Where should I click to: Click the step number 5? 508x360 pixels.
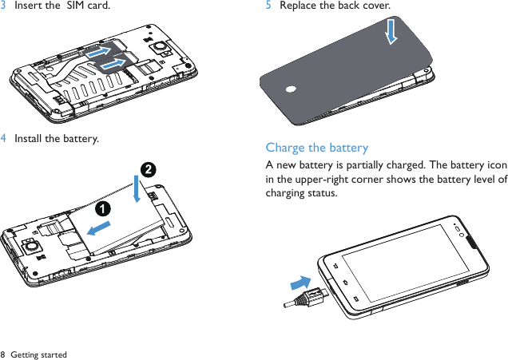[268, 6]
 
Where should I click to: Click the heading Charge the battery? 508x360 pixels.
[317, 148]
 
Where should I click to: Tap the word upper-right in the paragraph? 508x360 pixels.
[315, 180]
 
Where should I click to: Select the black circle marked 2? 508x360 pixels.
[148, 169]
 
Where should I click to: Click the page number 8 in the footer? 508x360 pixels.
[3, 354]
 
